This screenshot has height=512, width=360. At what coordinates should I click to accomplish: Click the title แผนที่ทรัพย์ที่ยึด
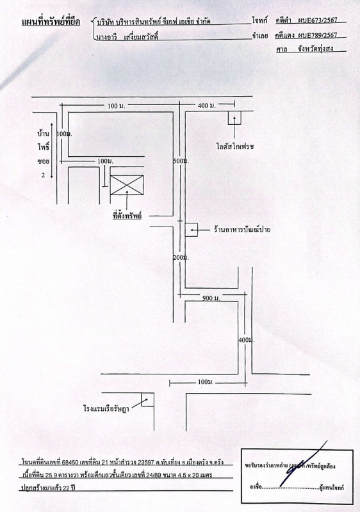click(x=51, y=22)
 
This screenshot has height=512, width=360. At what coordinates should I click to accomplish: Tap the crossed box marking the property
click(x=127, y=185)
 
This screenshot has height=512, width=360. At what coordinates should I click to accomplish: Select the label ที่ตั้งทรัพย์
click(x=127, y=216)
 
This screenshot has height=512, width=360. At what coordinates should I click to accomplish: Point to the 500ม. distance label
click(x=181, y=161)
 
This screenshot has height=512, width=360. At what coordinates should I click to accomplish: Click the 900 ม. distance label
click(x=211, y=298)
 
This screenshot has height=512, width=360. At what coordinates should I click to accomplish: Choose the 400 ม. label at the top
click(x=207, y=106)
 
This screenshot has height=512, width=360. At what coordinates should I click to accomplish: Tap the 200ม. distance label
click(x=181, y=258)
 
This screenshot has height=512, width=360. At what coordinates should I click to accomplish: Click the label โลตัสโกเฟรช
click(x=235, y=146)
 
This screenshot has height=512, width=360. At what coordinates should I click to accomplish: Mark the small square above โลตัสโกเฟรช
click(x=234, y=118)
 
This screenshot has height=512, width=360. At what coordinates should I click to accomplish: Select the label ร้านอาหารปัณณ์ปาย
click(x=242, y=229)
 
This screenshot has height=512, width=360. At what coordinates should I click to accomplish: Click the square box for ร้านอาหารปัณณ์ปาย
click(x=192, y=230)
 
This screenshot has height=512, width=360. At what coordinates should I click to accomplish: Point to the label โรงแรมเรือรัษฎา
click(x=106, y=408)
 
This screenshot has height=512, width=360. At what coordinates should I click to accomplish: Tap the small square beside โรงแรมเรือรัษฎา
click(x=148, y=399)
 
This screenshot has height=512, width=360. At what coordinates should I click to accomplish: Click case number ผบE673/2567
click(x=318, y=20)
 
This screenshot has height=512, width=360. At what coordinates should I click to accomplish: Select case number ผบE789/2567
click(x=318, y=35)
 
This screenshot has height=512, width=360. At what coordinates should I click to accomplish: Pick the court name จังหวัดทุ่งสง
click(x=316, y=49)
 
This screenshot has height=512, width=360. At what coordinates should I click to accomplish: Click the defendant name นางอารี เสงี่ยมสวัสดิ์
click(x=127, y=36)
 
